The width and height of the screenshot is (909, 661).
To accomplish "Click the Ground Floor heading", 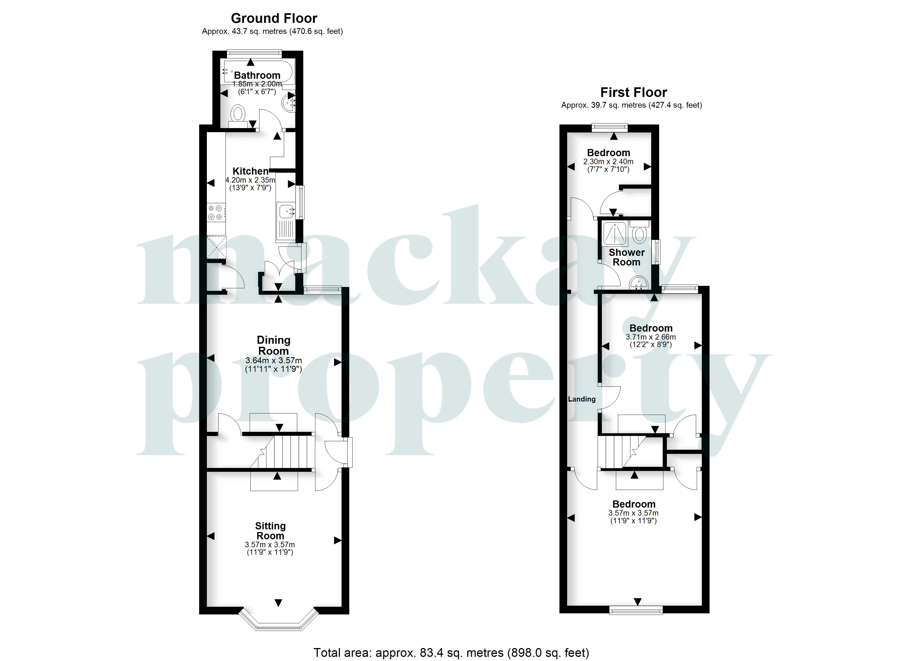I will (274, 18).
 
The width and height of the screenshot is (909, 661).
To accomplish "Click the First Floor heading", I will (633, 93).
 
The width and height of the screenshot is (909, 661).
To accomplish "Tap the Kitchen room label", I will (250, 171).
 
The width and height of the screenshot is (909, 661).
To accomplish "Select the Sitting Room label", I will (270, 531).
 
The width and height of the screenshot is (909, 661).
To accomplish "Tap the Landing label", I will (581, 399).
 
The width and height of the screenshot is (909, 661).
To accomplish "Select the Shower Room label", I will (626, 257).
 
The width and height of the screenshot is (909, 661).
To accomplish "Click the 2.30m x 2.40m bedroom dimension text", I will (608, 162).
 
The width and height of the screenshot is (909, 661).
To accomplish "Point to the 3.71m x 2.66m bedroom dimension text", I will (651, 337).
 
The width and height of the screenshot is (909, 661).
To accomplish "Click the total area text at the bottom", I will (451, 652).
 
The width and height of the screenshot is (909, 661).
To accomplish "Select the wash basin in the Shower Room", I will (639, 283).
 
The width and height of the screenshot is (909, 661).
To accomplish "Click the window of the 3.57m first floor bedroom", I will (636, 610).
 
